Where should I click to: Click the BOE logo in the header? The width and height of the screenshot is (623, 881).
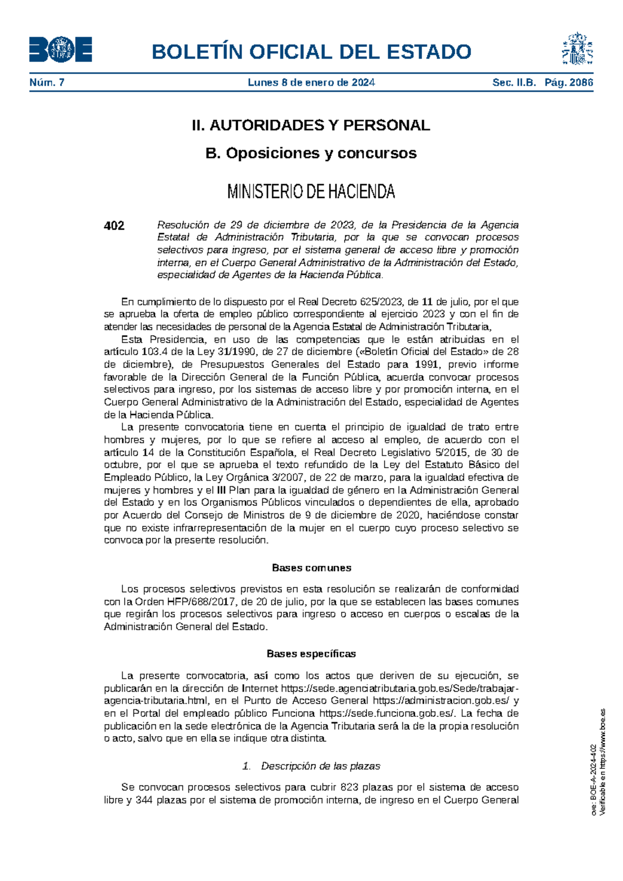61,50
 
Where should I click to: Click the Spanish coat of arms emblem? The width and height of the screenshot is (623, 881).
577,49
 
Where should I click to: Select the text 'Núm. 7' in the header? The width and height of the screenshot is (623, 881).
47,83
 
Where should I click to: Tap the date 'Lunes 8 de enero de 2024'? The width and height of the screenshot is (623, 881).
311,83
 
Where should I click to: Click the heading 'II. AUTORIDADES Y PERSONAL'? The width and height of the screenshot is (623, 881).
311,125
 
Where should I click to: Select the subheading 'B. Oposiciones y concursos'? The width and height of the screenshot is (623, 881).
311,153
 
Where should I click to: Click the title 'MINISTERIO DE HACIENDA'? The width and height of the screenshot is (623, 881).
311,192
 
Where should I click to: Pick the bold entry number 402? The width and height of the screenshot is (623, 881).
114,225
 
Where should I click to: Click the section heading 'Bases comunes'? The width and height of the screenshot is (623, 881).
311,568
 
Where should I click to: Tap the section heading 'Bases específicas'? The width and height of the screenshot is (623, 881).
311,654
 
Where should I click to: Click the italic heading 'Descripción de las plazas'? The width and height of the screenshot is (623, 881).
320,766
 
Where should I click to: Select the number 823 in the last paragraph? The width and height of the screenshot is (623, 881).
349,787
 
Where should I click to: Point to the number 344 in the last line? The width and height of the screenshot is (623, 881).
144,800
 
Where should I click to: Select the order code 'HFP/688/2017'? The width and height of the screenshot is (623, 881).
202,602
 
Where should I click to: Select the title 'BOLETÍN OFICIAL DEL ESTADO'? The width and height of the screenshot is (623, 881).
311,52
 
